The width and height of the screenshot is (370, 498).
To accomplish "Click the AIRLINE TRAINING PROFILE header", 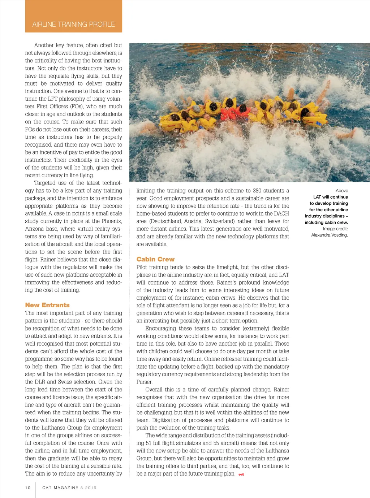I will click(x=73, y=24).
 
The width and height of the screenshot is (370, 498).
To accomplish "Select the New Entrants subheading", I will click(x=47, y=305).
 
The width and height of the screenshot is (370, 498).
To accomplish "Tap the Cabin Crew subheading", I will click(x=155, y=259).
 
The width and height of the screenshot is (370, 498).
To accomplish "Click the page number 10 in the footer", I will click(x=28, y=488).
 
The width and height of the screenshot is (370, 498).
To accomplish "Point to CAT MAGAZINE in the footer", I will click(x=60, y=488).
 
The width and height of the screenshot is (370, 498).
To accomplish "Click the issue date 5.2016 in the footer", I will click(x=89, y=488).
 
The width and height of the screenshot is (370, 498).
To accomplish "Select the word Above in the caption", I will click(x=341, y=191).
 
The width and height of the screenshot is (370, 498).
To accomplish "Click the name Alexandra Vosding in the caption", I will click(x=329, y=235).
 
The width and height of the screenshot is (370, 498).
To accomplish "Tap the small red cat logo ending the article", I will click(x=241, y=474).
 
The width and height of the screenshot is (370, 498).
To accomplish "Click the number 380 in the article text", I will click(x=257, y=191).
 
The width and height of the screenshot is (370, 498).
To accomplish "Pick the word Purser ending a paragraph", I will click(x=144, y=382).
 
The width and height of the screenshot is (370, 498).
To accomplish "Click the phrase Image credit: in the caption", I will click(x=335, y=229).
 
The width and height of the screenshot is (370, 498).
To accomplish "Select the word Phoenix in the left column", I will click(x=111, y=221).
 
